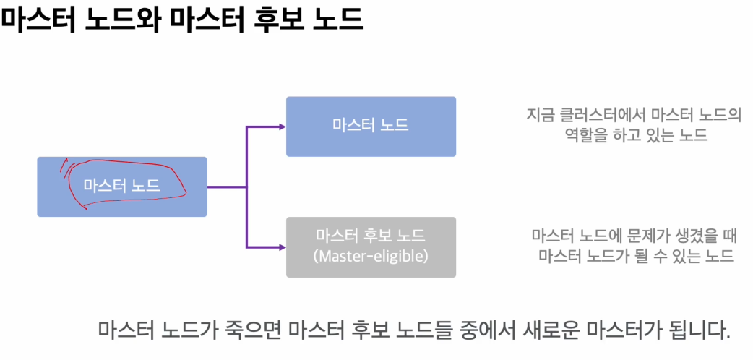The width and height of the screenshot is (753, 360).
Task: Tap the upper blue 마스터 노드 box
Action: (371, 126)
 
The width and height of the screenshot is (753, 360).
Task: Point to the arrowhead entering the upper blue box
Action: (281, 127)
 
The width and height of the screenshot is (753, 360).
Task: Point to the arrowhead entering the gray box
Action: (281, 247)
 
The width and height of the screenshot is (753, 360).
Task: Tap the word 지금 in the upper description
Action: (540, 116)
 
